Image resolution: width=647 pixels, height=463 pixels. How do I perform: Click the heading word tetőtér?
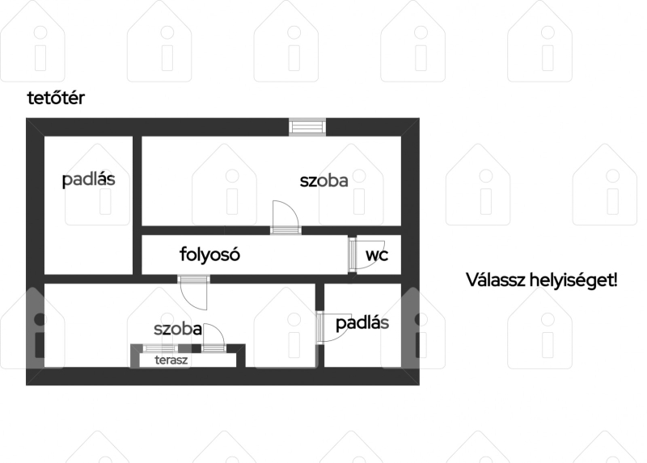point(56,98)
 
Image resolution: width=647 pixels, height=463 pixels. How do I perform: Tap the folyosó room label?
point(209,255)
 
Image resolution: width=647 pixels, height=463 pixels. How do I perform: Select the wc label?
point(377,255)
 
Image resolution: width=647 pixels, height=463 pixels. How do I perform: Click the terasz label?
point(171,360)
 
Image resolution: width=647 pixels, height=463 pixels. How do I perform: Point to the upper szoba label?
point(324,180)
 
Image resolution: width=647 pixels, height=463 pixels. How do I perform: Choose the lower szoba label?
point(178,329)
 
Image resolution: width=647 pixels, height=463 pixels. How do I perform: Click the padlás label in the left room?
point(88,180)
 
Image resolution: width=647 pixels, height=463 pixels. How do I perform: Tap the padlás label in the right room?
point(362,323)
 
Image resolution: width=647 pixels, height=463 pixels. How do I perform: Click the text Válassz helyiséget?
point(542,280)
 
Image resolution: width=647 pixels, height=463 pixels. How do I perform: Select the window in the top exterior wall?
point(307,127)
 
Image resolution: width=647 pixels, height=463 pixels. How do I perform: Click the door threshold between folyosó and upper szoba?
point(285,230)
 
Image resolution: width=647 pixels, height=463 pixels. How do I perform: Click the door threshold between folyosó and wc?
point(352,255)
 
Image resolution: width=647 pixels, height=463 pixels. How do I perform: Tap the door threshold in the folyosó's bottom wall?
point(193,279)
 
